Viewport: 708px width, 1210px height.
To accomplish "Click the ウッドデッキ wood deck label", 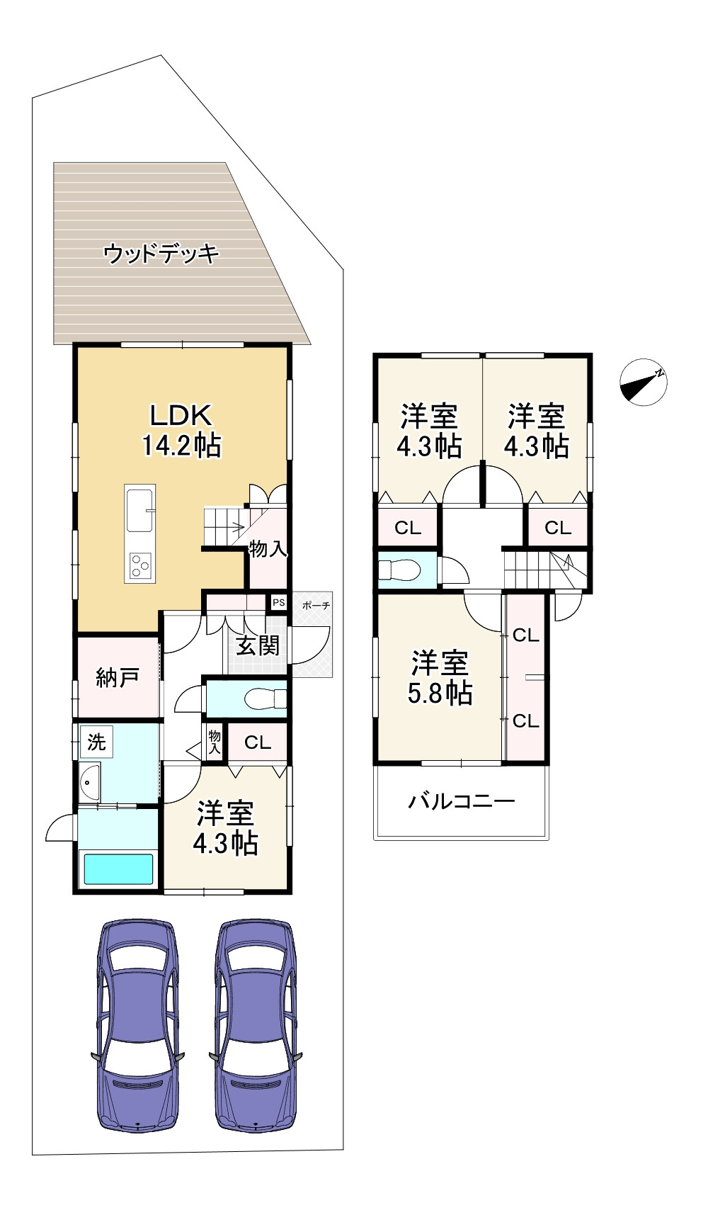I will coord(161,254).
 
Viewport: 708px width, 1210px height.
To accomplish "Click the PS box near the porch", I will coord(279,603).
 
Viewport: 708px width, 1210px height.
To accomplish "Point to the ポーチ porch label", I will coord(316,606).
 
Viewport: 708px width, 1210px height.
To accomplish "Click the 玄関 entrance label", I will coord(258,645).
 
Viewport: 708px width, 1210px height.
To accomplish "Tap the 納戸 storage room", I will coord(118,677).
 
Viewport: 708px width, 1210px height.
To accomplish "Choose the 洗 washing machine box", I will coord(96,742).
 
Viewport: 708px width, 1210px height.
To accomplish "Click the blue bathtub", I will coord(118,869).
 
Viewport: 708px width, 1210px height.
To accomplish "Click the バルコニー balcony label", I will coord(461,802).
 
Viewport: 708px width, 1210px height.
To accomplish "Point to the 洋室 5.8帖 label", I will coord(440,679).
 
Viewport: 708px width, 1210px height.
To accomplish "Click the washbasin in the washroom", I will coord(89,783).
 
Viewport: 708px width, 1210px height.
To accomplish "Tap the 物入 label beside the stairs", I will coord(268,548).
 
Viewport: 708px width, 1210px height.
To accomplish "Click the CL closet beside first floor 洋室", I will coord(258,742).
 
